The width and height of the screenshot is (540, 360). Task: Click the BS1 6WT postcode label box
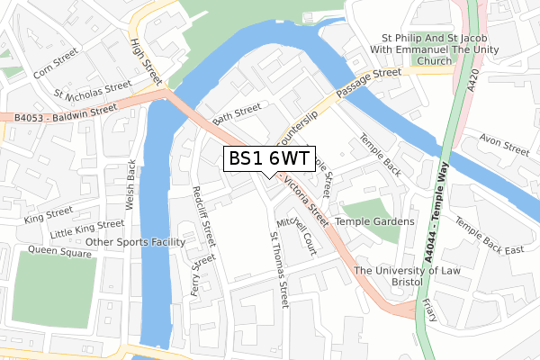coord(269,158)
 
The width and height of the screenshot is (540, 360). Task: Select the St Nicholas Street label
coord(92,91)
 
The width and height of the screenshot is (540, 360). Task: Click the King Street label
coord(49,214)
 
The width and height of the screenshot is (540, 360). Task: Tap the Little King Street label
coord(86,229)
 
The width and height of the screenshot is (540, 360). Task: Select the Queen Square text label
coord(60,249)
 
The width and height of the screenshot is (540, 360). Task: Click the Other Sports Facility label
coord(135,242)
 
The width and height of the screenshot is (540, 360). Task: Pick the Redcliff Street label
coord(204,216)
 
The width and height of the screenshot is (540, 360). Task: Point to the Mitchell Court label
coord(298,234)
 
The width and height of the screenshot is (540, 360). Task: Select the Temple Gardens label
coord(374,221)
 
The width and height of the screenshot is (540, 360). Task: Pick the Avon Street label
coord(504,143)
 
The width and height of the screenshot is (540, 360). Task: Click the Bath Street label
coord(236,113)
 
